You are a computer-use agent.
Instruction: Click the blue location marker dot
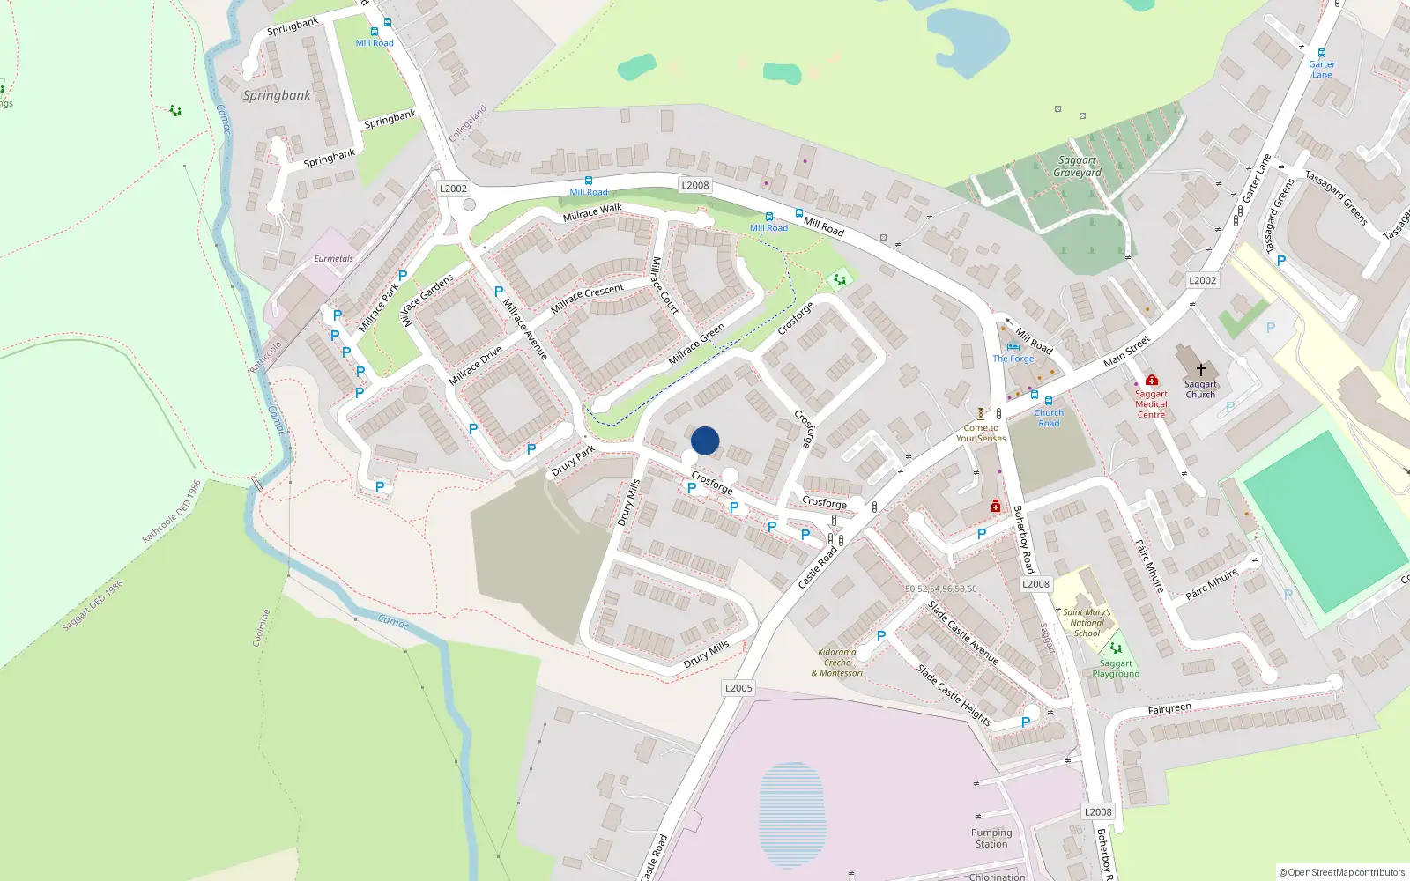tap(705, 440)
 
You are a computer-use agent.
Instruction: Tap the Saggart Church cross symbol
tap(1200, 370)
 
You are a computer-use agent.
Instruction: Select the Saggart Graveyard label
tap(1077, 167)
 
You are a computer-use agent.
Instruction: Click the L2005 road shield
tap(738, 688)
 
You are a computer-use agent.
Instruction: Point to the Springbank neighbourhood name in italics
tap(277, 95)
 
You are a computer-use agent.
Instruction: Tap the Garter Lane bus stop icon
tap(1321, 53)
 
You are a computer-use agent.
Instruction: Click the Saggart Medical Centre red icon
tap(1151, 381)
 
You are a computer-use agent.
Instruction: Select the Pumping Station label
tap(991, 838)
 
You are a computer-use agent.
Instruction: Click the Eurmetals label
tap(333, 259)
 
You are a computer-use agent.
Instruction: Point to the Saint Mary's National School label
tap(1087, 622)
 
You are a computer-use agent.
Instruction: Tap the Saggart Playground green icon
tap(1116, 648)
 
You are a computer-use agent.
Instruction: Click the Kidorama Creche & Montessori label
tap(837, 663)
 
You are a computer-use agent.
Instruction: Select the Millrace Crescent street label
tap(587, 298)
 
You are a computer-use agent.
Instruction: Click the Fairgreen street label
tap(1169, 709)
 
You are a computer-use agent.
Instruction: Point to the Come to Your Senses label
tap(980, 433)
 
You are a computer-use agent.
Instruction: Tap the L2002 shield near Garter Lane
tap(1202, 280)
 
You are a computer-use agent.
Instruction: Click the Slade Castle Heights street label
tap(953, 696)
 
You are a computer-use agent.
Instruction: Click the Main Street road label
tap(1127, 351)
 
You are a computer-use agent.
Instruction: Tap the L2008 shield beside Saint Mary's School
tap(1035, 584)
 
